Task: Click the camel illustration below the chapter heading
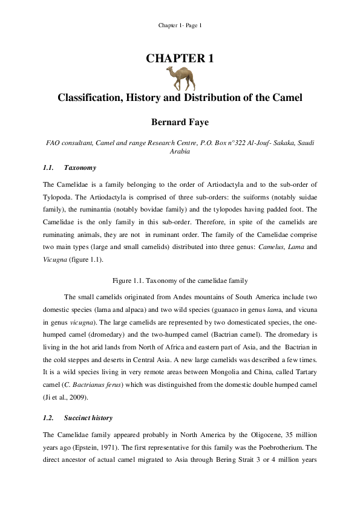pyautogui.click(x=179, y=77)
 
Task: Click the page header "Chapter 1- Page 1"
pyautogui.click(x=180, y=25)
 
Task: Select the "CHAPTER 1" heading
pyautogui.click(x=180, y=59)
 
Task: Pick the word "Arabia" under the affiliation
pyautogui.click(x=180, y=152)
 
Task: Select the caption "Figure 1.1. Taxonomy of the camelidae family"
pyautogui.click(x=180, y=280)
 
